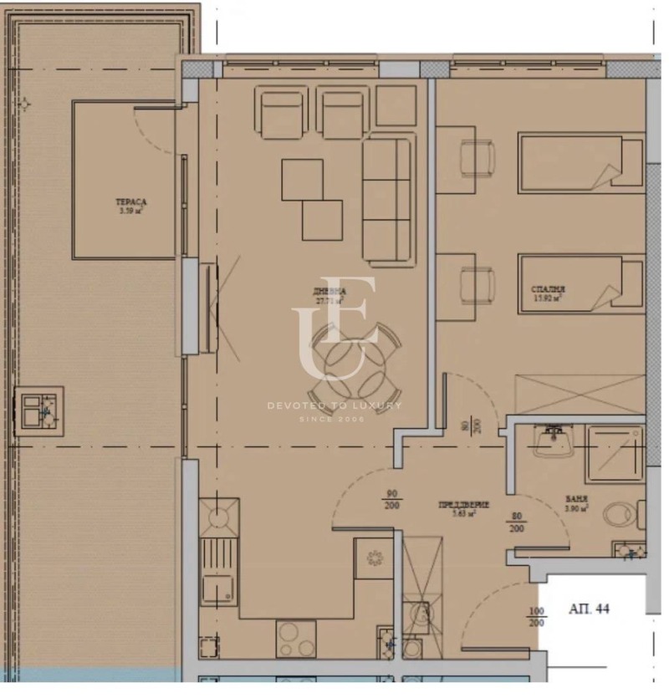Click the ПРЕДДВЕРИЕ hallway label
click(x=463, y=505)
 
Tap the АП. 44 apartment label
click(x=589, y=609)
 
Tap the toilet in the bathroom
click(x=620, y=515)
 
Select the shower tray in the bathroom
click(x=614, y=454)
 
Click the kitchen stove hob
click(x=295, y=639)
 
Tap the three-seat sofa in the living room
click(x=387, y=198)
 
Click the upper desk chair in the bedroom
click(x=476, y=158)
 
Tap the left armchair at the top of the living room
click(x=283, y=115)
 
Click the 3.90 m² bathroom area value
click(x=577, y=507)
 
